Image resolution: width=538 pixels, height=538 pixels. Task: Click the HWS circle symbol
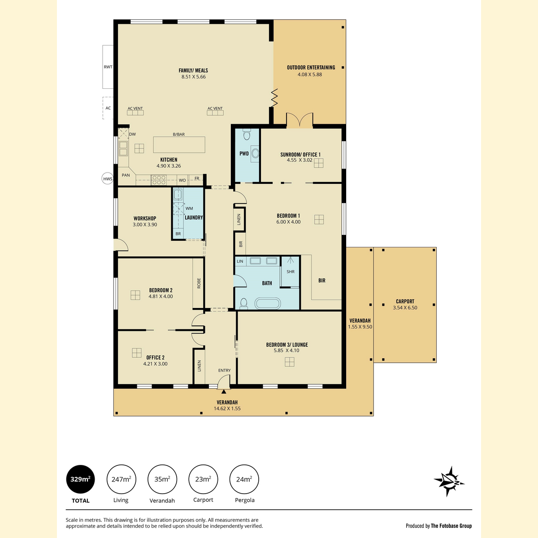[x=108, y=179]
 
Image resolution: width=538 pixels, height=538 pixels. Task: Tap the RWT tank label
[x=108, y=67]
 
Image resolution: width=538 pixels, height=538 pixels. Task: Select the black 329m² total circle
[x=80, y=479]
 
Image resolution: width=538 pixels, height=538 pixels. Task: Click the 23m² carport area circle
[x=203, y=479]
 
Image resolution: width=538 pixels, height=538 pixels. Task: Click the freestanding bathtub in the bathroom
[x=268, y=304]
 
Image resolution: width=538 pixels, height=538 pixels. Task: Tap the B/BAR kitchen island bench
[x=179, y=145]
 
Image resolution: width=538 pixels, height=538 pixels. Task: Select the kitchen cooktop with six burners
[x=159, y=180]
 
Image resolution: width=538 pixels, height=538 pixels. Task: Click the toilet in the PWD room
[x=247, y=134]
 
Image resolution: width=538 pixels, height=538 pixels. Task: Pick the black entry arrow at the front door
[x=224, y=392]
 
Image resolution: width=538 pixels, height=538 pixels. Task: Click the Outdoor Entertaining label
[x=311, y=68]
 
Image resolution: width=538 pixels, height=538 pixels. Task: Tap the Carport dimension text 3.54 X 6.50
[x=405, y=308]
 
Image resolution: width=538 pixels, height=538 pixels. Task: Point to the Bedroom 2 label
[x=161, y=290]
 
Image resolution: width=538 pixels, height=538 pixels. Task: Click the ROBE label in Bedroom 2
[x=199, y=283]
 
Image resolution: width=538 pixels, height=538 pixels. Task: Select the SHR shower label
[x=291, y=272]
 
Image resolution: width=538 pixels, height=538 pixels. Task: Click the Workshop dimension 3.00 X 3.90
[x=145, y=225]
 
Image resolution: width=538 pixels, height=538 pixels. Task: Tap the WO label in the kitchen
[x=182, y=180]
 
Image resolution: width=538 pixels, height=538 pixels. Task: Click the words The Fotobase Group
[x=451, y=526]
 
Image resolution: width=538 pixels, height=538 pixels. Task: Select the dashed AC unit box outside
[x=108, y=108]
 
